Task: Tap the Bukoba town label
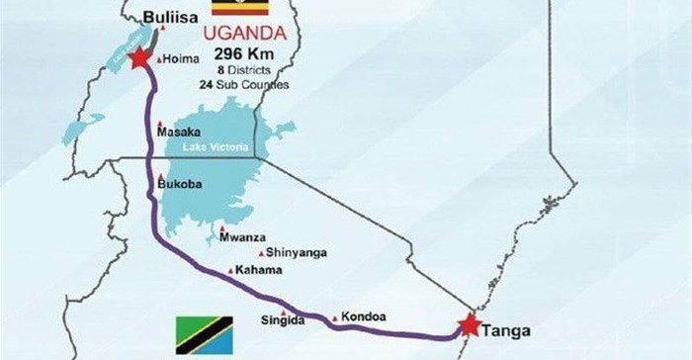coord(181,183)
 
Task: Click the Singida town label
coord(279,317)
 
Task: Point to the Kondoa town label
coord(366,317)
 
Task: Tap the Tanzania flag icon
coord(202,332)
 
